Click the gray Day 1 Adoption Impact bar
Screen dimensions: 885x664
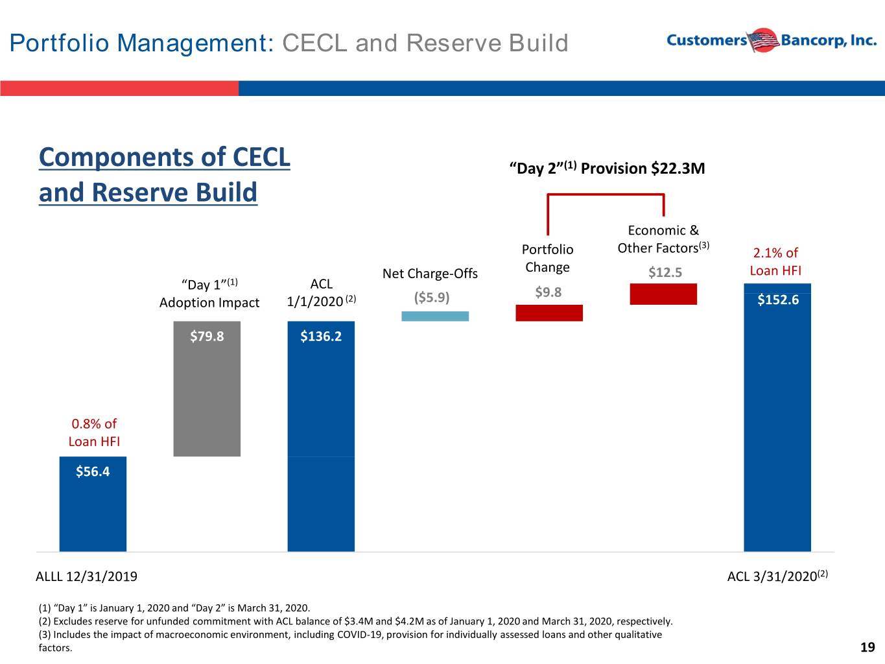coord(207,388)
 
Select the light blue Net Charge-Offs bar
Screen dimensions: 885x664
coord(435,316)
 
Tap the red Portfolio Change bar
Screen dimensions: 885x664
coord(549,313)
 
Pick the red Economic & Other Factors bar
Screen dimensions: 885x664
coord(663,294)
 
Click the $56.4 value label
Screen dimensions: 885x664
coord(93,471)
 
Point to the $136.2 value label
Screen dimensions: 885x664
coord(321,337)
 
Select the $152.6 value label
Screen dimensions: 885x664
coord(778,300)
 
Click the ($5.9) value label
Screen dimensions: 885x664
coord(432,298)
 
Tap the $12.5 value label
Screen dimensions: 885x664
coord(665,272)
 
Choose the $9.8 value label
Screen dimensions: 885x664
coord(549,292)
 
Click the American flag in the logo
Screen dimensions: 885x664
coord(763,40)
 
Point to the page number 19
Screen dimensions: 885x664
coord(867,647)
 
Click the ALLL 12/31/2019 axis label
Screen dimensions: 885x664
coord(87,576)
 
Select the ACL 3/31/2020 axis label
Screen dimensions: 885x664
coord(777,576)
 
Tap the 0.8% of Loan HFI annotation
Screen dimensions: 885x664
coord(94,433)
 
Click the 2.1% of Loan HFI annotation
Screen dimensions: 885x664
coord(775,262)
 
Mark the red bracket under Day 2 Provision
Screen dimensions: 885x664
coord(606,195)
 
